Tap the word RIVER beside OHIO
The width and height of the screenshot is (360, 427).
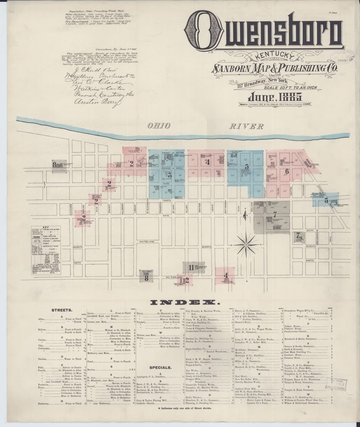pyautogui.click(x=246, y=126)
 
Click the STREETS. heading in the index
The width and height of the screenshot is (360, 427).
pyautogui.click(x=62, y=310)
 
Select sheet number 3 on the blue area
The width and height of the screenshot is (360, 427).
pyautogui.click(x=169, y=175)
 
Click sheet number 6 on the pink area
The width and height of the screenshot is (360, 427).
pyautogui.click(x=287, y=172)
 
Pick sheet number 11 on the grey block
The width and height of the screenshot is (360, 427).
pyautogui.click(x=191, y=268)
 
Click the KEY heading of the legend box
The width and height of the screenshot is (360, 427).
pyautogui.click(x=45, y=227)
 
